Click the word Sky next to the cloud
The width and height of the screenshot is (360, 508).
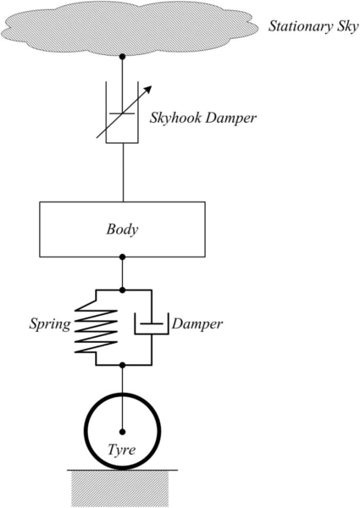[347, 26]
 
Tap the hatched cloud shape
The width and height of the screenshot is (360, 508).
[130, 28]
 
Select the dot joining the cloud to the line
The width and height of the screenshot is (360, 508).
[122, 57]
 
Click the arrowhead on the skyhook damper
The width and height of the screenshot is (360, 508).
[147, 90]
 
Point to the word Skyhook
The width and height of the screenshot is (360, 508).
[175, 118]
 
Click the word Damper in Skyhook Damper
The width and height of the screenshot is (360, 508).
[230, 118]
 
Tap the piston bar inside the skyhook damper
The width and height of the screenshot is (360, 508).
[122, 113]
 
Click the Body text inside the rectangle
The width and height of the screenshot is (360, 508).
[122, 229]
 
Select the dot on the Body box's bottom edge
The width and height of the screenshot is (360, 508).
[122, 257]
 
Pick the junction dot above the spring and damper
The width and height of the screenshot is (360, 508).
[122, 290]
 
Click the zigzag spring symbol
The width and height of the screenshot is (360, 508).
[96, 327]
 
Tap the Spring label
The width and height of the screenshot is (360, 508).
[50, 324]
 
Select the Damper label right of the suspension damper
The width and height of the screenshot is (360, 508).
[197, 323]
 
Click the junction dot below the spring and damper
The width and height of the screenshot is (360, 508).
[122, 365]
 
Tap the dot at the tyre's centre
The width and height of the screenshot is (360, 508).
[122, 432]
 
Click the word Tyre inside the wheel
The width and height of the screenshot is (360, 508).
[121, 450]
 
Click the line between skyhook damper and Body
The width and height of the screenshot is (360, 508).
[123, 173]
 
